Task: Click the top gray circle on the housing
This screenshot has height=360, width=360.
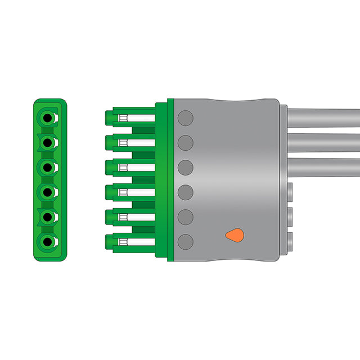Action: [186, 118]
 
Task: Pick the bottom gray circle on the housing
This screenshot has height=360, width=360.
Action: [186, 242]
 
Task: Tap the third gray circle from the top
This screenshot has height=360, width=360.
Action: [186, 168]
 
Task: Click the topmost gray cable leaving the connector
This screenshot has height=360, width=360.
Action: [323, 118]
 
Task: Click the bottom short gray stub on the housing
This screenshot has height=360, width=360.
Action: [290, 241]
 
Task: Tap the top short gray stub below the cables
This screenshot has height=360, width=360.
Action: [290, 192]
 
